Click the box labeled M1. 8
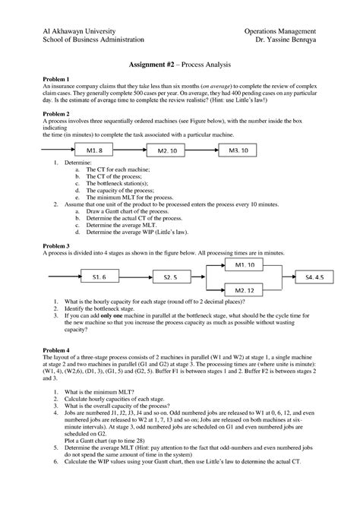95,150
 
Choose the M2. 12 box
245,290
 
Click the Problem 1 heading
57,79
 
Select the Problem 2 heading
57,112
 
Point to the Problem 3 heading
57,246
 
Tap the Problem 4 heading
57,350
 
